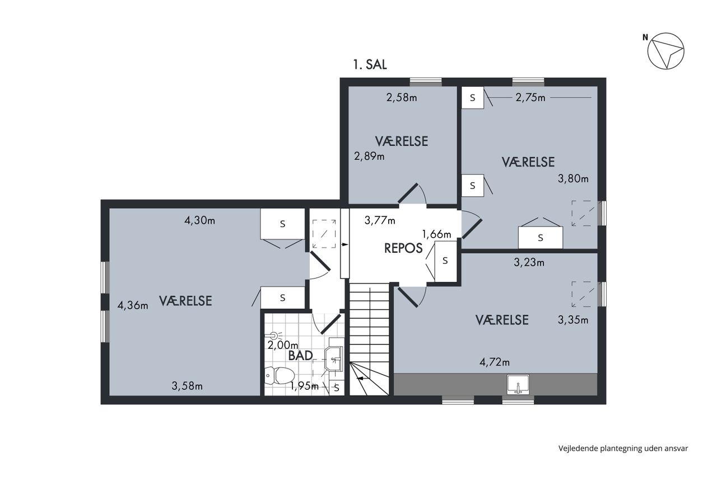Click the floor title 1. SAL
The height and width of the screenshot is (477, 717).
pyautogui.click(x=370, y=64)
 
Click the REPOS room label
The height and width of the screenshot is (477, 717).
pyautogui.click(x=403, y=248)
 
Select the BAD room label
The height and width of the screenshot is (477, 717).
pyautogui.click(x=300, y=356)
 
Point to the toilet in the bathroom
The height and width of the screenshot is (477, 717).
pyautogui.click(x=280, y=376)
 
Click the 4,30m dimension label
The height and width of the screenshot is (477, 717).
pyautogui.click(x=200, y=220)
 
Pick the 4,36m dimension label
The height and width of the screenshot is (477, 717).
pyautogui.click(x=133, y=306)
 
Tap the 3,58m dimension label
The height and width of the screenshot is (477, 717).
pyautogui.click(x=187, y=386)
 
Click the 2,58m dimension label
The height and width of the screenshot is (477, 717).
pyautogui.click(x=402, y=97)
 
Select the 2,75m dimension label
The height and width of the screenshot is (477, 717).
pyautogui.click(x=530, y=97)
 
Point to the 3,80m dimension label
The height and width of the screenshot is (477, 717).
pyautogui.click(x=573, y=178)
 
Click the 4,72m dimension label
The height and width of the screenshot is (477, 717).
pyautogui.click(x=495, y=362)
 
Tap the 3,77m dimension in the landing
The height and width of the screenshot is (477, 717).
pyautogui.click(x=380, y=220)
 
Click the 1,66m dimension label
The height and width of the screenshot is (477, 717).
pyautogui.click(x=436, y=234)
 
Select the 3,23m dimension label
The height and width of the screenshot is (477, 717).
pyautogui.click(x=529, y=262)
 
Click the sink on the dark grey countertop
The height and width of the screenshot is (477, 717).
pyautogui.click(x=518, y=385)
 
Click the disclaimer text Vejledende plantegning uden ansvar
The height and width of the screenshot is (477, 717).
pyautogui.click(x=623, y=448)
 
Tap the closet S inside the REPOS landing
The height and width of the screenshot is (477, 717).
pyautogui.click(x=445, y=261)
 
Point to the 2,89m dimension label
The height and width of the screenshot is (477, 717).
pyautogui.click(x=369, y=157)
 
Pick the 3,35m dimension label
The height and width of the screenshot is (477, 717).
pyautogui.click(x=573, y=320)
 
